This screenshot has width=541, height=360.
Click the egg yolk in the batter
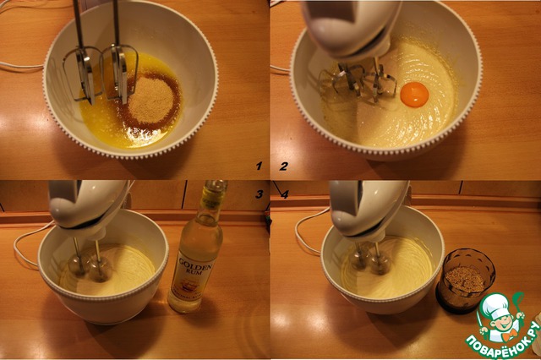414,95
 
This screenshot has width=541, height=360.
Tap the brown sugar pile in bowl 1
150,100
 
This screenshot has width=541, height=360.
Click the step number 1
260,166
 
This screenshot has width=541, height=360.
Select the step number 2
283,166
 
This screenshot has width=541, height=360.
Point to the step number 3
260,194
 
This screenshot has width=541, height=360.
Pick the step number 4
284,194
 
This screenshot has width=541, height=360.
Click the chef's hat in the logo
495,303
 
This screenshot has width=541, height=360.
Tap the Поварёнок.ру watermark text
502,341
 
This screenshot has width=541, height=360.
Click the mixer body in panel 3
88,207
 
